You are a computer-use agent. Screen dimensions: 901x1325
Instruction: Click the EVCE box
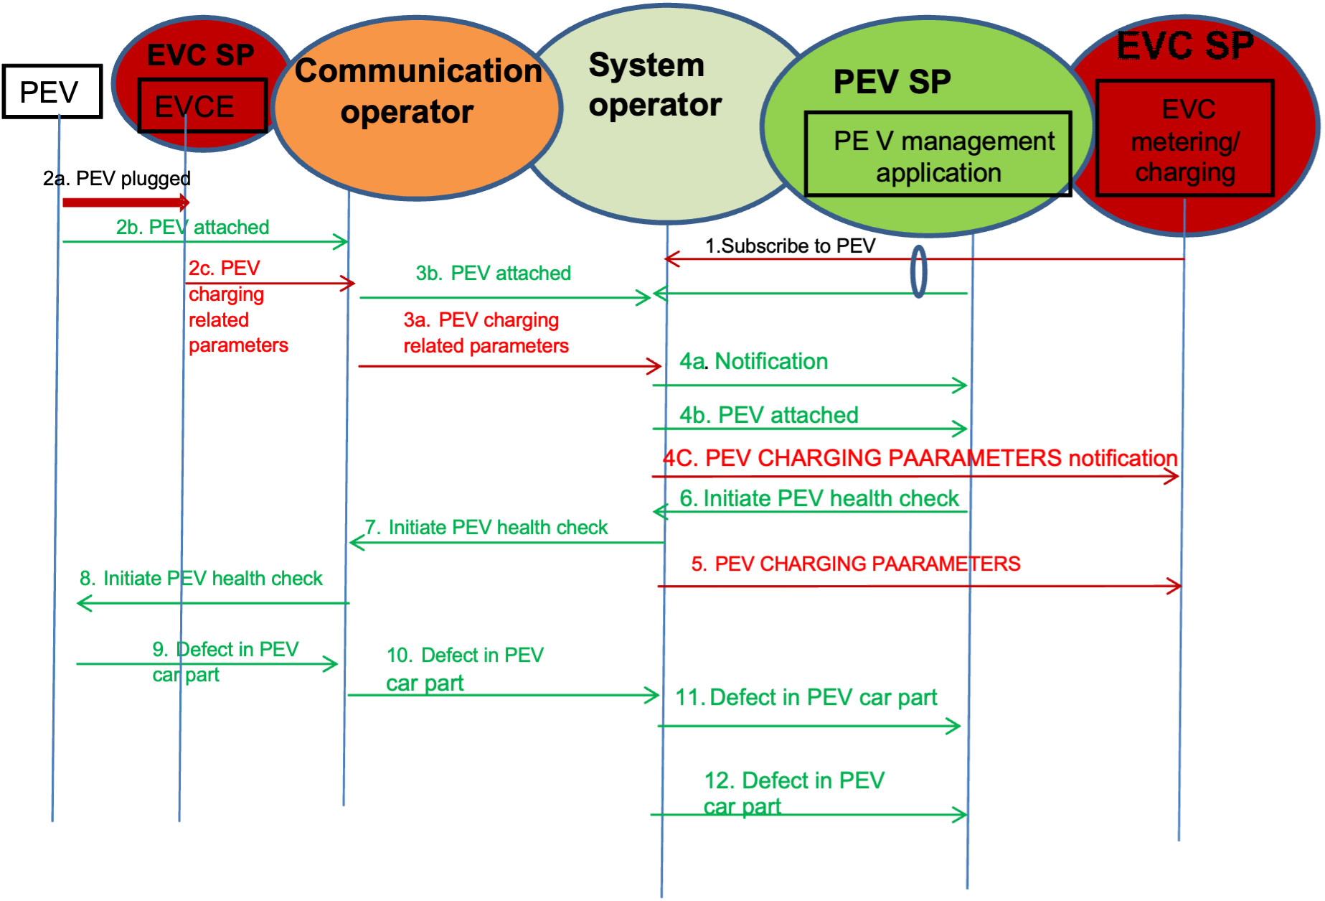pyautogui.click(x=202, y=106)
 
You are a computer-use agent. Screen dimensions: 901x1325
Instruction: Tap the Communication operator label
pyautogui.click(x=418, y=91)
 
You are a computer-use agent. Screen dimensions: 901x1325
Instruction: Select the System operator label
pyautogui.click(x=654, y=85)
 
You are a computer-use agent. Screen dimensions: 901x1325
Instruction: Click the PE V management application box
pyautogui.click(x=938, y=154)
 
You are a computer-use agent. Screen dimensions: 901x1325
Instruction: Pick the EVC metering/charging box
pyautogui.click(x=1185, y=139)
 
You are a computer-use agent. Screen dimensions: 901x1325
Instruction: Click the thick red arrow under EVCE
pyautogui.click(x=126, y=202)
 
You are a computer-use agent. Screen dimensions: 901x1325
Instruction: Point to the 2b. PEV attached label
pyautogui.click(x=193, y=228)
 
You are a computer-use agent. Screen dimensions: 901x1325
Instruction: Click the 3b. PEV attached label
pyautogui.click(x=493, y=274)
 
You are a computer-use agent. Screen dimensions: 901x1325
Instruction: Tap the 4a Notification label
pyautogui.click(x=753, y=362)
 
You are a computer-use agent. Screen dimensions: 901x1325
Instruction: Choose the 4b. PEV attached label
pyautogui.click(x=768, y=415)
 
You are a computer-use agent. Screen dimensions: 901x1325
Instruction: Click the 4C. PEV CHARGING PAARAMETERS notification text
pyautogui.click(x=920, y=458)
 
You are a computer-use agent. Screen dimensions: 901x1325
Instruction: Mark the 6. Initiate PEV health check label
pyautogui.click(x=819, y=499)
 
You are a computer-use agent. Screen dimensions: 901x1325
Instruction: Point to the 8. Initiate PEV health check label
pyautogui.click(x=202, y=579)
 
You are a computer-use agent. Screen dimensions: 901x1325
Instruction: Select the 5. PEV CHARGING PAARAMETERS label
pyautogui.click(x=855, y=564)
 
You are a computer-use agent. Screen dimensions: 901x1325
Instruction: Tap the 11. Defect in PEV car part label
pyautogui.click(x=806, y=697)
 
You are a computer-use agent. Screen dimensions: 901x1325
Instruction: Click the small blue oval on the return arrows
pyautogui.click(x=918, y=272)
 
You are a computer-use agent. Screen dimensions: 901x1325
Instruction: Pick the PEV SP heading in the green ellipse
pyautogui.click(x=892, y=82)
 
